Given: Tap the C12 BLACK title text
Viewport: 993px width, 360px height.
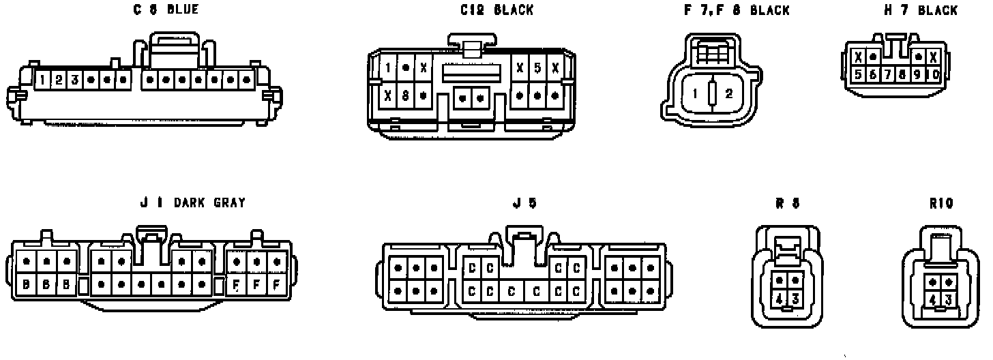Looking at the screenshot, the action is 496,10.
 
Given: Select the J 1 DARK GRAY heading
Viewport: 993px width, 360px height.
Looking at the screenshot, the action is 192,202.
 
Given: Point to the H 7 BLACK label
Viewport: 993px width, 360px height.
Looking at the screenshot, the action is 920,10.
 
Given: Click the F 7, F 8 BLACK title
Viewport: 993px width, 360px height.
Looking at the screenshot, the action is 736,10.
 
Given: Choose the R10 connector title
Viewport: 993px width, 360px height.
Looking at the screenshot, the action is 940,203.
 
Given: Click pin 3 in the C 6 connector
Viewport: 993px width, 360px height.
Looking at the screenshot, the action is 75,80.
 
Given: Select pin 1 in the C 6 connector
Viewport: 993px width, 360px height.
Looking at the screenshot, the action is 42,80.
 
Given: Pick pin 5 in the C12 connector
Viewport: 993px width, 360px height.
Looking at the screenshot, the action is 538,67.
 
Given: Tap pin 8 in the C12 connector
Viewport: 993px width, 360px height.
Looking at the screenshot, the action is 405,95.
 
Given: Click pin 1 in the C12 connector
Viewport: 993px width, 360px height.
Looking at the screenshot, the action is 388,67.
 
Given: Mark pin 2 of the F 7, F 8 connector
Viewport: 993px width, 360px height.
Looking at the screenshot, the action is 728,94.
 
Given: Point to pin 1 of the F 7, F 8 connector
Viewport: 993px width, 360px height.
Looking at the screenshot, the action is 695,94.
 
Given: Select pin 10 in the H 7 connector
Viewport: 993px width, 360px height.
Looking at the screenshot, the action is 934,74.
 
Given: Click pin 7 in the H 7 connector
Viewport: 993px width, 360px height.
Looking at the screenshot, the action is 887,74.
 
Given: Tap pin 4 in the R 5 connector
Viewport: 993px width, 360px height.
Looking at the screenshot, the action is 779,297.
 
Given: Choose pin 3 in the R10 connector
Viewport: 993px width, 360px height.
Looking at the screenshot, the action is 948,298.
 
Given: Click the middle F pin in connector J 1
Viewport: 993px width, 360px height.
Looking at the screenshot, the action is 256,283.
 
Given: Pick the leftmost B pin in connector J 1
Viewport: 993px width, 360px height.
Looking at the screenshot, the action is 25,283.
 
